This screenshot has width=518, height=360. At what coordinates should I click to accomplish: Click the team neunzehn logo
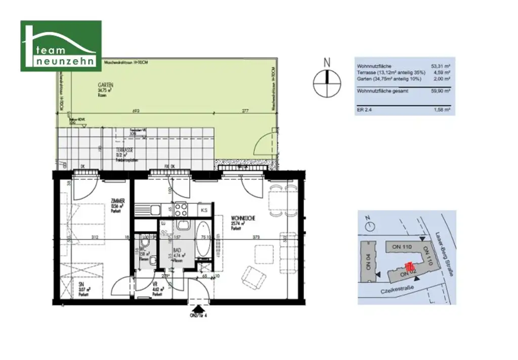(x=61, y=46)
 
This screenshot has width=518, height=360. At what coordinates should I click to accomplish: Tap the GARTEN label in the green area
(x=106, y=86)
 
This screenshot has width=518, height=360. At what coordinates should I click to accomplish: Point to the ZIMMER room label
(x=117, y=202)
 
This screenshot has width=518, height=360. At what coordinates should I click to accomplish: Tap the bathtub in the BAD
(x=203, y=239)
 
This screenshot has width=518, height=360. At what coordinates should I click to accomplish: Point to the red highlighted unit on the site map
(x=410, y=266)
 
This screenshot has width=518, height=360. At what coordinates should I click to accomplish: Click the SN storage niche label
(x=81, y=285)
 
